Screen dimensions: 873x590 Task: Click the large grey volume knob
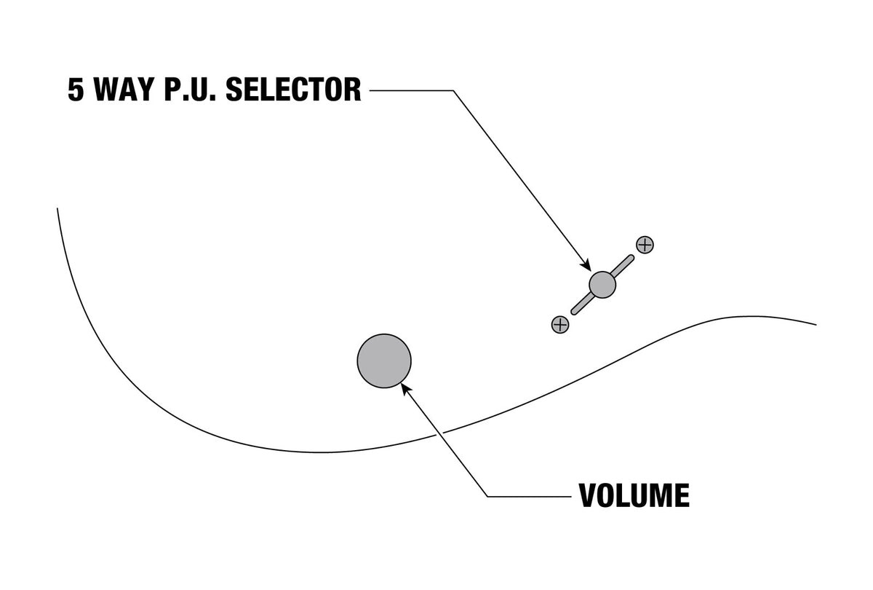coord(384,361)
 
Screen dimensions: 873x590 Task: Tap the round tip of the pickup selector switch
coord(602,285)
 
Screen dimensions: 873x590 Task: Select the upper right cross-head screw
coord(645,245)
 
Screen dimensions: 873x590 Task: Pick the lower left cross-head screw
coord(560,324)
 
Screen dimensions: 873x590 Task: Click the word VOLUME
coord(634,495)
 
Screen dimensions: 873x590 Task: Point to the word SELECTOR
coord(293,90)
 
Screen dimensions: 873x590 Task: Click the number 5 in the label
coord(76,90)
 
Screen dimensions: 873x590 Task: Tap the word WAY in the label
coord(124,90)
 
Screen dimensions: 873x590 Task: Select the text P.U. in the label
coord(190,90)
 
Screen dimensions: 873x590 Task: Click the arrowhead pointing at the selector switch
coord(586,265)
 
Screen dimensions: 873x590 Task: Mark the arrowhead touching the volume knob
coord(406,389)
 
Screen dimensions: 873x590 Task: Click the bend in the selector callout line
coord(453,90)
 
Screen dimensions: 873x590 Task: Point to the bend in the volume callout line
coord(487,496)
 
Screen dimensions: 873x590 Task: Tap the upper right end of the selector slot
coord(631,258)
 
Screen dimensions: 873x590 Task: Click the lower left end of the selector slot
coord(574,312)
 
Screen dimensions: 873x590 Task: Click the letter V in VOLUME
coord(589,495)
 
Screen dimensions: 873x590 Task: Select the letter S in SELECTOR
coord(234,90)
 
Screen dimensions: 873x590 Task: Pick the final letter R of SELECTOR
coord(352,90)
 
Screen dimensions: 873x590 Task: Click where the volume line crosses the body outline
coord(439,433)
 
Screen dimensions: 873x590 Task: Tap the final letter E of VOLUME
coord(682,495)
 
